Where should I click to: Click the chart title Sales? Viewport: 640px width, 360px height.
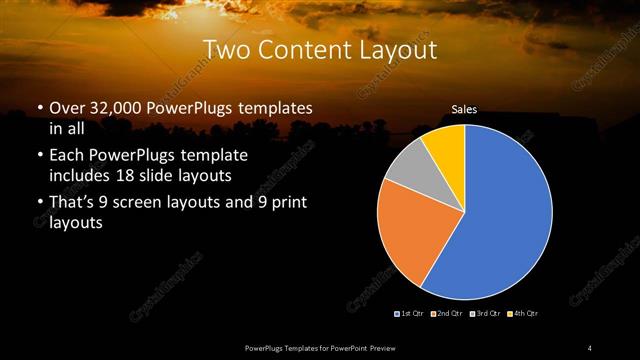(x=464, y=110)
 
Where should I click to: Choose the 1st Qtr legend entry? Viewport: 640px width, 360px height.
(x=409, y=314)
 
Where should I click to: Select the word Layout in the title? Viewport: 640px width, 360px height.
(x=398, y=49)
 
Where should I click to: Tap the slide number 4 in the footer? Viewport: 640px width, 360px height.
(x=590, y=347)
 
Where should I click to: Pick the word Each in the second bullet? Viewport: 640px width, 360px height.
(x=67, y=156)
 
